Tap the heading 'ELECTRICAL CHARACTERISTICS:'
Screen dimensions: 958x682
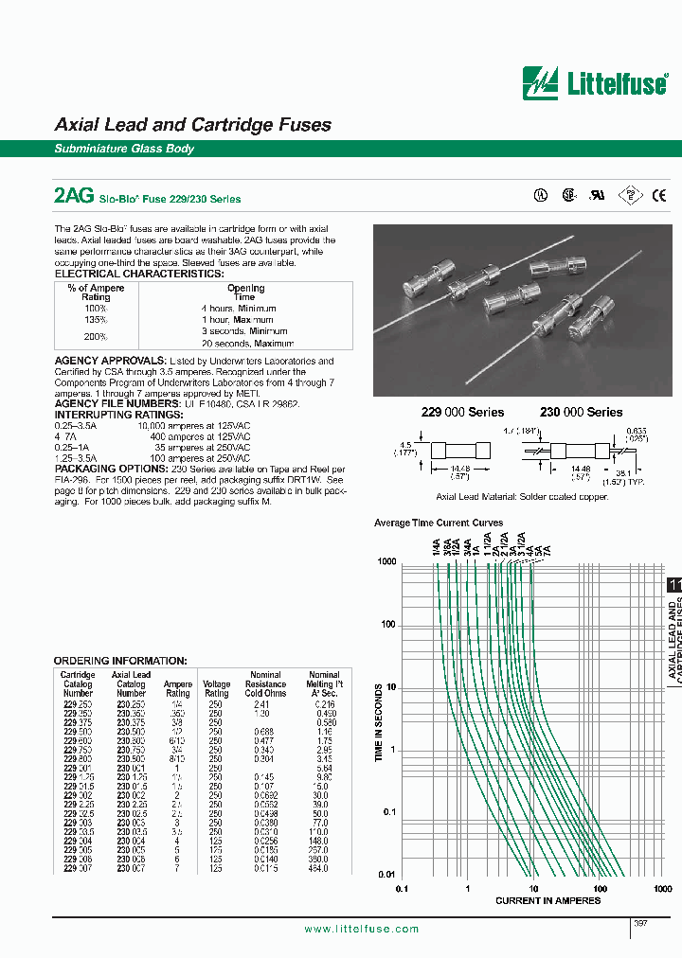pos(139,274)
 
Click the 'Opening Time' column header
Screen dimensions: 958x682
pos(246,293)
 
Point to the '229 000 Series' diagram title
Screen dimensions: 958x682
pos(462,412)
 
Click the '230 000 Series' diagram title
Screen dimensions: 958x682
pos(581,412)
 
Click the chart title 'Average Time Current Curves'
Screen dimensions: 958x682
pos(439,523)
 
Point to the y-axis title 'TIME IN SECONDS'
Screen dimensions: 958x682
pos(379,725)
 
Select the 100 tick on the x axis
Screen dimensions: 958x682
pos(600,889)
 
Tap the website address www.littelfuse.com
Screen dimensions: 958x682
pos(362,930)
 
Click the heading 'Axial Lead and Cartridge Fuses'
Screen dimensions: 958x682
pos(193,125)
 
